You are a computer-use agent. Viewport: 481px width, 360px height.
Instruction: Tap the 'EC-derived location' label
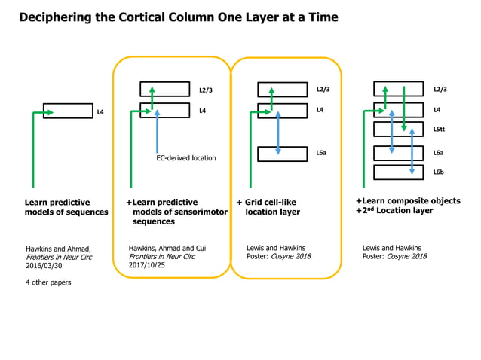(185, 158)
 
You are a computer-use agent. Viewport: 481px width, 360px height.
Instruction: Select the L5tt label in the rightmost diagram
(440, 130)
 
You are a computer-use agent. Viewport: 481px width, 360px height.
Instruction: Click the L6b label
(439, 172)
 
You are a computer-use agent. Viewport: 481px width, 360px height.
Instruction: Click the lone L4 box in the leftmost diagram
(68, 111)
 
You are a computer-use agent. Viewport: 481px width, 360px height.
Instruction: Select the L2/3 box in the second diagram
(165, 90)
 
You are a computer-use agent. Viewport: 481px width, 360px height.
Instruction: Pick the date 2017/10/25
(147, 266)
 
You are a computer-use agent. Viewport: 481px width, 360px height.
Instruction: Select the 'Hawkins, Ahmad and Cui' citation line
(167, 248)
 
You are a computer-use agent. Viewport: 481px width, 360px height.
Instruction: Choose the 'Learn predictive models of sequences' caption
(66, 207)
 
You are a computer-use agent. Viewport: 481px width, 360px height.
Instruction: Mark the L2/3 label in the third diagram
(323, 90)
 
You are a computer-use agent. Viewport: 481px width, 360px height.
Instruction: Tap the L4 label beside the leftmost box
(100, 112)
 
